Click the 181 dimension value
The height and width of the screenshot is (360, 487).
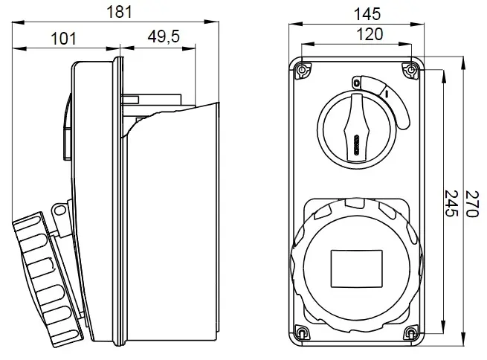click(119, 12)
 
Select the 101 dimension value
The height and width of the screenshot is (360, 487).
click(63, 39)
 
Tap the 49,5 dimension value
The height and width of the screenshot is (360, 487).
click(164, 36)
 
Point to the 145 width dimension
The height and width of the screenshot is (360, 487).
click(367, 14)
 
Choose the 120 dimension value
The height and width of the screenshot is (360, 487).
click(370, 34)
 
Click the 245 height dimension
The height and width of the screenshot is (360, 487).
click(451, 204)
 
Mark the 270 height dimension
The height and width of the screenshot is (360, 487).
click(471, 204)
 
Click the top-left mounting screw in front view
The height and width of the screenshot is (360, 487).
click(302, 71)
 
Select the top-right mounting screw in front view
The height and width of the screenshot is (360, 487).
click(411, 70)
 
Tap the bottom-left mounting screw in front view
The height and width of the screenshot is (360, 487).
click(302, 333)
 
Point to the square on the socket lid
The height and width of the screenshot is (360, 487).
click(357, 269)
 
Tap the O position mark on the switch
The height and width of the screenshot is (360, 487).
click(356, 83)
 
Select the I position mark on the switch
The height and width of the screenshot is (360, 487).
click(387, 93)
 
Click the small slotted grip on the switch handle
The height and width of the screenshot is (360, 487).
click(357, 145)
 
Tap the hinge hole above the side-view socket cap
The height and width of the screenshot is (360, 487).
click(59, 211)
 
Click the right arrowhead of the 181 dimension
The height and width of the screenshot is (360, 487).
click(211, 22)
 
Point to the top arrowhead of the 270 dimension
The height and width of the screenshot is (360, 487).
click(463, 63)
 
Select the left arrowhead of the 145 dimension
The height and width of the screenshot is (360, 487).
click(296, 25)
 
